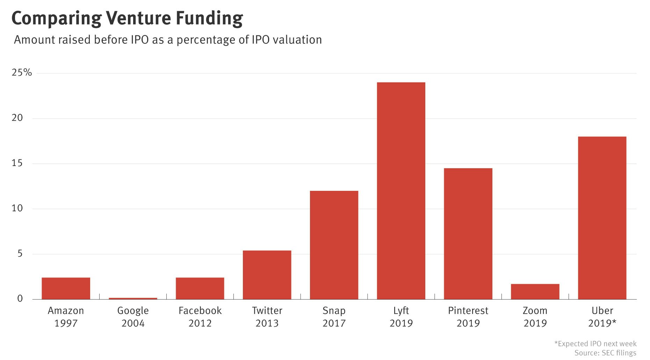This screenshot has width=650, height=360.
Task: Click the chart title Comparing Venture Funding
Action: [x=127, y=18]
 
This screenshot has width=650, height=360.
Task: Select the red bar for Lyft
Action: [x=401, y=190]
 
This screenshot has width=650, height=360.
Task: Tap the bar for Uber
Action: [x=602, y=218]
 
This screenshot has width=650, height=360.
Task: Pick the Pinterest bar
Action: [x=468, y=233]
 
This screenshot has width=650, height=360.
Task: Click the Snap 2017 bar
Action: [x=334, y=245]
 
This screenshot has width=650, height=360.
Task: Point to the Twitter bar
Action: [x=267, y=275]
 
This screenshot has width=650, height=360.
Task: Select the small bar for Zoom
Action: [x=535, y=291]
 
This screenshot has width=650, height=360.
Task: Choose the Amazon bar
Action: [x=66, y=288]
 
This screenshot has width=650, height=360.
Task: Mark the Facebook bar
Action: [x=200, y=288]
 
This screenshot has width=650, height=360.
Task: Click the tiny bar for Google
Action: [x=133, y=298]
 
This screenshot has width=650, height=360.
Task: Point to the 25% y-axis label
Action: [x=22, y=73]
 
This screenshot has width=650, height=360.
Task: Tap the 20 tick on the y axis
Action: [x=17, y=118]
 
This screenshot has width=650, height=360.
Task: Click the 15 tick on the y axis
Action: [x=17, y=163]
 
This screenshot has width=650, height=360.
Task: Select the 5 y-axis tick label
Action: [x=20, y=254]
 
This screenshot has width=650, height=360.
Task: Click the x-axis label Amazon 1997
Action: [x=66, y=317]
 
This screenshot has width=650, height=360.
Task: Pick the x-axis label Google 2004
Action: [x=133, y=317]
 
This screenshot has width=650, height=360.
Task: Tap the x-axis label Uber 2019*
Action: [x=602, y=317]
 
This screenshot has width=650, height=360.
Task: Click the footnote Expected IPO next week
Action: [x=595, y=344]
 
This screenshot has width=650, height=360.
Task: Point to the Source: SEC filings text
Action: [x=605, y=353]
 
